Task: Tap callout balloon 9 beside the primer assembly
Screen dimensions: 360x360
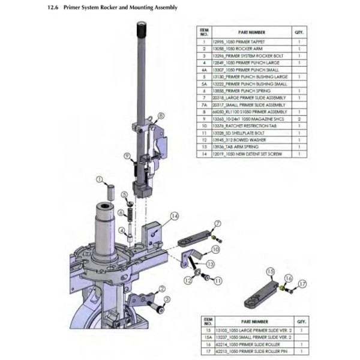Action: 127,156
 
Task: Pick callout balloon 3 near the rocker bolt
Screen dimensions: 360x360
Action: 167,299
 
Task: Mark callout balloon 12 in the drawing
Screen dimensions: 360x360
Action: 188,280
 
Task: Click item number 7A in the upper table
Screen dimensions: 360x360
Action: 204,105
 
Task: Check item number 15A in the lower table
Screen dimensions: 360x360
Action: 208,338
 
